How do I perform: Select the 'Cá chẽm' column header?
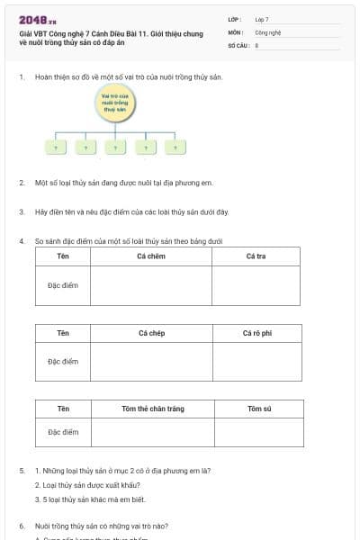pyautogui.click(x=151, y=256)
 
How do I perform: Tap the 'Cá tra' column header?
pyautogui.click(x=256, y=256)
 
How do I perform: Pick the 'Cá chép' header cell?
pyautogui.click(x=151, y=333)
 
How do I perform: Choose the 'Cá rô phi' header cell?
pyautogui.click(x=256, y=333)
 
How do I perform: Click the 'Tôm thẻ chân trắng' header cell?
pyautogui.click(x=152, y=409)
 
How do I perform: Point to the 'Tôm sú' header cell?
pyautogui.click(x=259, y=409)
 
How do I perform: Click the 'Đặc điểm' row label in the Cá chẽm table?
pyautogui.click(x=63, y=285)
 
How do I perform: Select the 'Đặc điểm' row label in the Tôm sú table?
pyautogui.click(x=63, y=432)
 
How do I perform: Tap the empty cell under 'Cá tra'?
pyautogui.click(x=256, y=285)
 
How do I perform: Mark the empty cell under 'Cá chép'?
pyautogui.click(x=151, y=361)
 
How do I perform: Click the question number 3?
pyautogui.click(x=21, y=212)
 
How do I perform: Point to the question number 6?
pyautogui.click(x=21, y=526)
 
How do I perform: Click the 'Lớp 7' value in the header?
pyautogui.click(x=262, y=19)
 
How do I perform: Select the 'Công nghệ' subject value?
pyautogui.click(x=268, y=31)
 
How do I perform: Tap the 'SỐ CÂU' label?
pyautogui.click(x=238, y=44)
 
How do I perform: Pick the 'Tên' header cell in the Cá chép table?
pyautogui.click(x=63, y=333)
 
